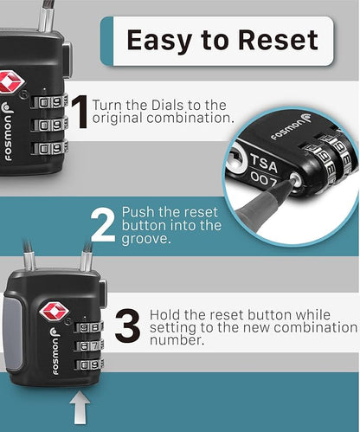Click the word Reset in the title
[x=279, y=40]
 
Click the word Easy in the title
[x=160, y=41]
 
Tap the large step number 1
[x=80, y=113]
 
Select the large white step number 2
[x=103, y=225]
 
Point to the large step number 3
[x=128, y=326]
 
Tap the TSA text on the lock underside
[x=264, y=164]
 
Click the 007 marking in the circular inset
[x=263, y=180]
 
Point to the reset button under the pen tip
[x=296, y=178]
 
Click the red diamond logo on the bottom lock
[x=54, y=312]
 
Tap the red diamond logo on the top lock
[x=10, y=82]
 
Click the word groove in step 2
[x=145, y=239]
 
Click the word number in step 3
[x=177, y=339]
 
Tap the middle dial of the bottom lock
[x=88, y=345]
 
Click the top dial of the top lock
[x=49, y=102]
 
